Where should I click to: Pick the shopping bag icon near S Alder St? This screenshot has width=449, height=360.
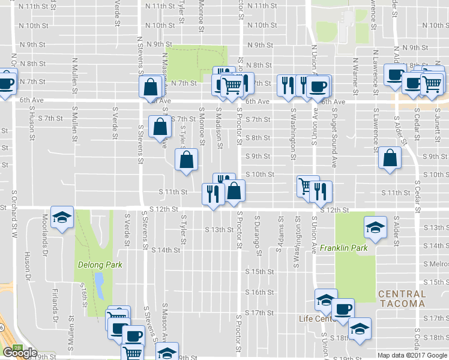click(390, 158)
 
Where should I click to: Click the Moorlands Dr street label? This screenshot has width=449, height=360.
click(44, 232)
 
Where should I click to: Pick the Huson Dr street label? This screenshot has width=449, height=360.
click(26, 264)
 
